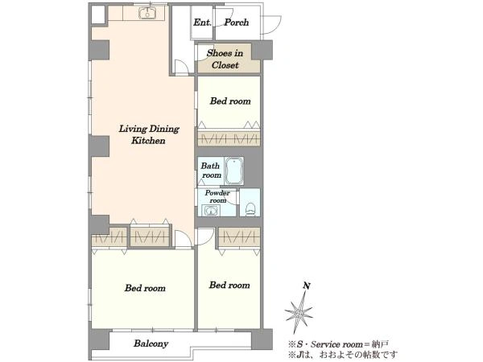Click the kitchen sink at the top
(147, 13)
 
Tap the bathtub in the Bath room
(234, 171)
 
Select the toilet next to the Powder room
(250, 208)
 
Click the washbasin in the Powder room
(211, 211)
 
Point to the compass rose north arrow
(299, 312)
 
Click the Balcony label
(151, 343)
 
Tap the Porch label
(236, 23)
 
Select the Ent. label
(202, 23)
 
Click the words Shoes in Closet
(225, 59)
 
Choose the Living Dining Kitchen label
(149, 134)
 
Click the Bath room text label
(211, 171)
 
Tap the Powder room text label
(217, 196)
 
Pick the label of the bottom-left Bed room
(145, 288)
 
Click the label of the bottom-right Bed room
(229, 285)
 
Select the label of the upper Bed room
(230, 101)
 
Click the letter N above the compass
(307, 286)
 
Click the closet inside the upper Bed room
(229, 138)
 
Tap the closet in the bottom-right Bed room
(240, 237)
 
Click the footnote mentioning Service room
(338, 344)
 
